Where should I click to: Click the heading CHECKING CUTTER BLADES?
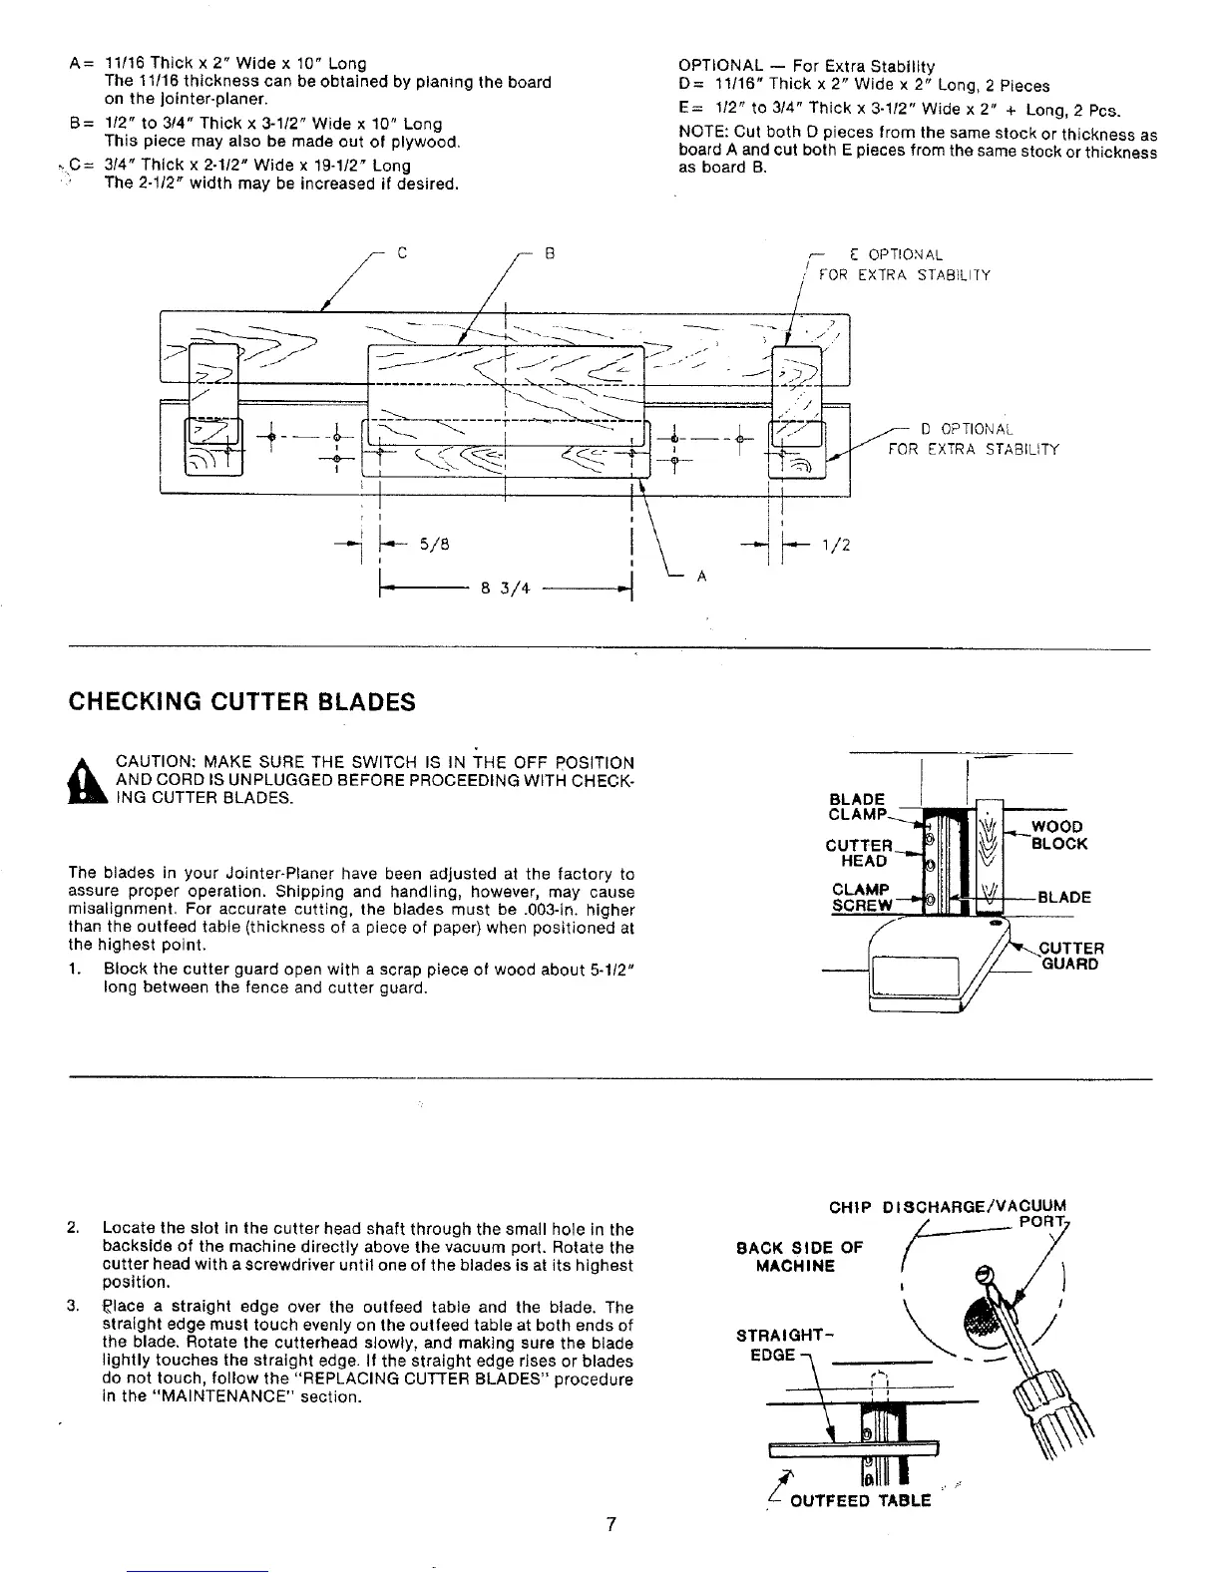[240, 702]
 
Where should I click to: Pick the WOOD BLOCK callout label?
[1058, 835]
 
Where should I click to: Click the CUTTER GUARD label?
[1070, 956]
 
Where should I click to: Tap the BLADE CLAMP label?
[857, 807]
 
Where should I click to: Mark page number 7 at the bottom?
[610, 1524]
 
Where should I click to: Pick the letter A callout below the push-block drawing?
[701, 576]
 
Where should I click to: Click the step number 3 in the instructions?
[74, 1307]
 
